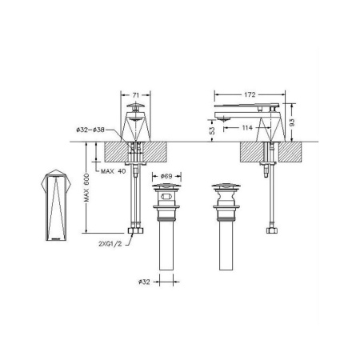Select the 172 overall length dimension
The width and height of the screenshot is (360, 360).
pos(251,94)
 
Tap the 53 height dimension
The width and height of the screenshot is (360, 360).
pos(210,128)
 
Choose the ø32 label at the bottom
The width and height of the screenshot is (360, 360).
pos(142,281)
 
